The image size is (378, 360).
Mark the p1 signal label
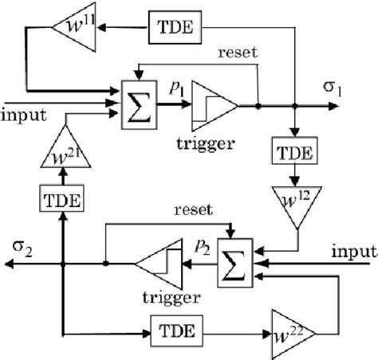174,89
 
